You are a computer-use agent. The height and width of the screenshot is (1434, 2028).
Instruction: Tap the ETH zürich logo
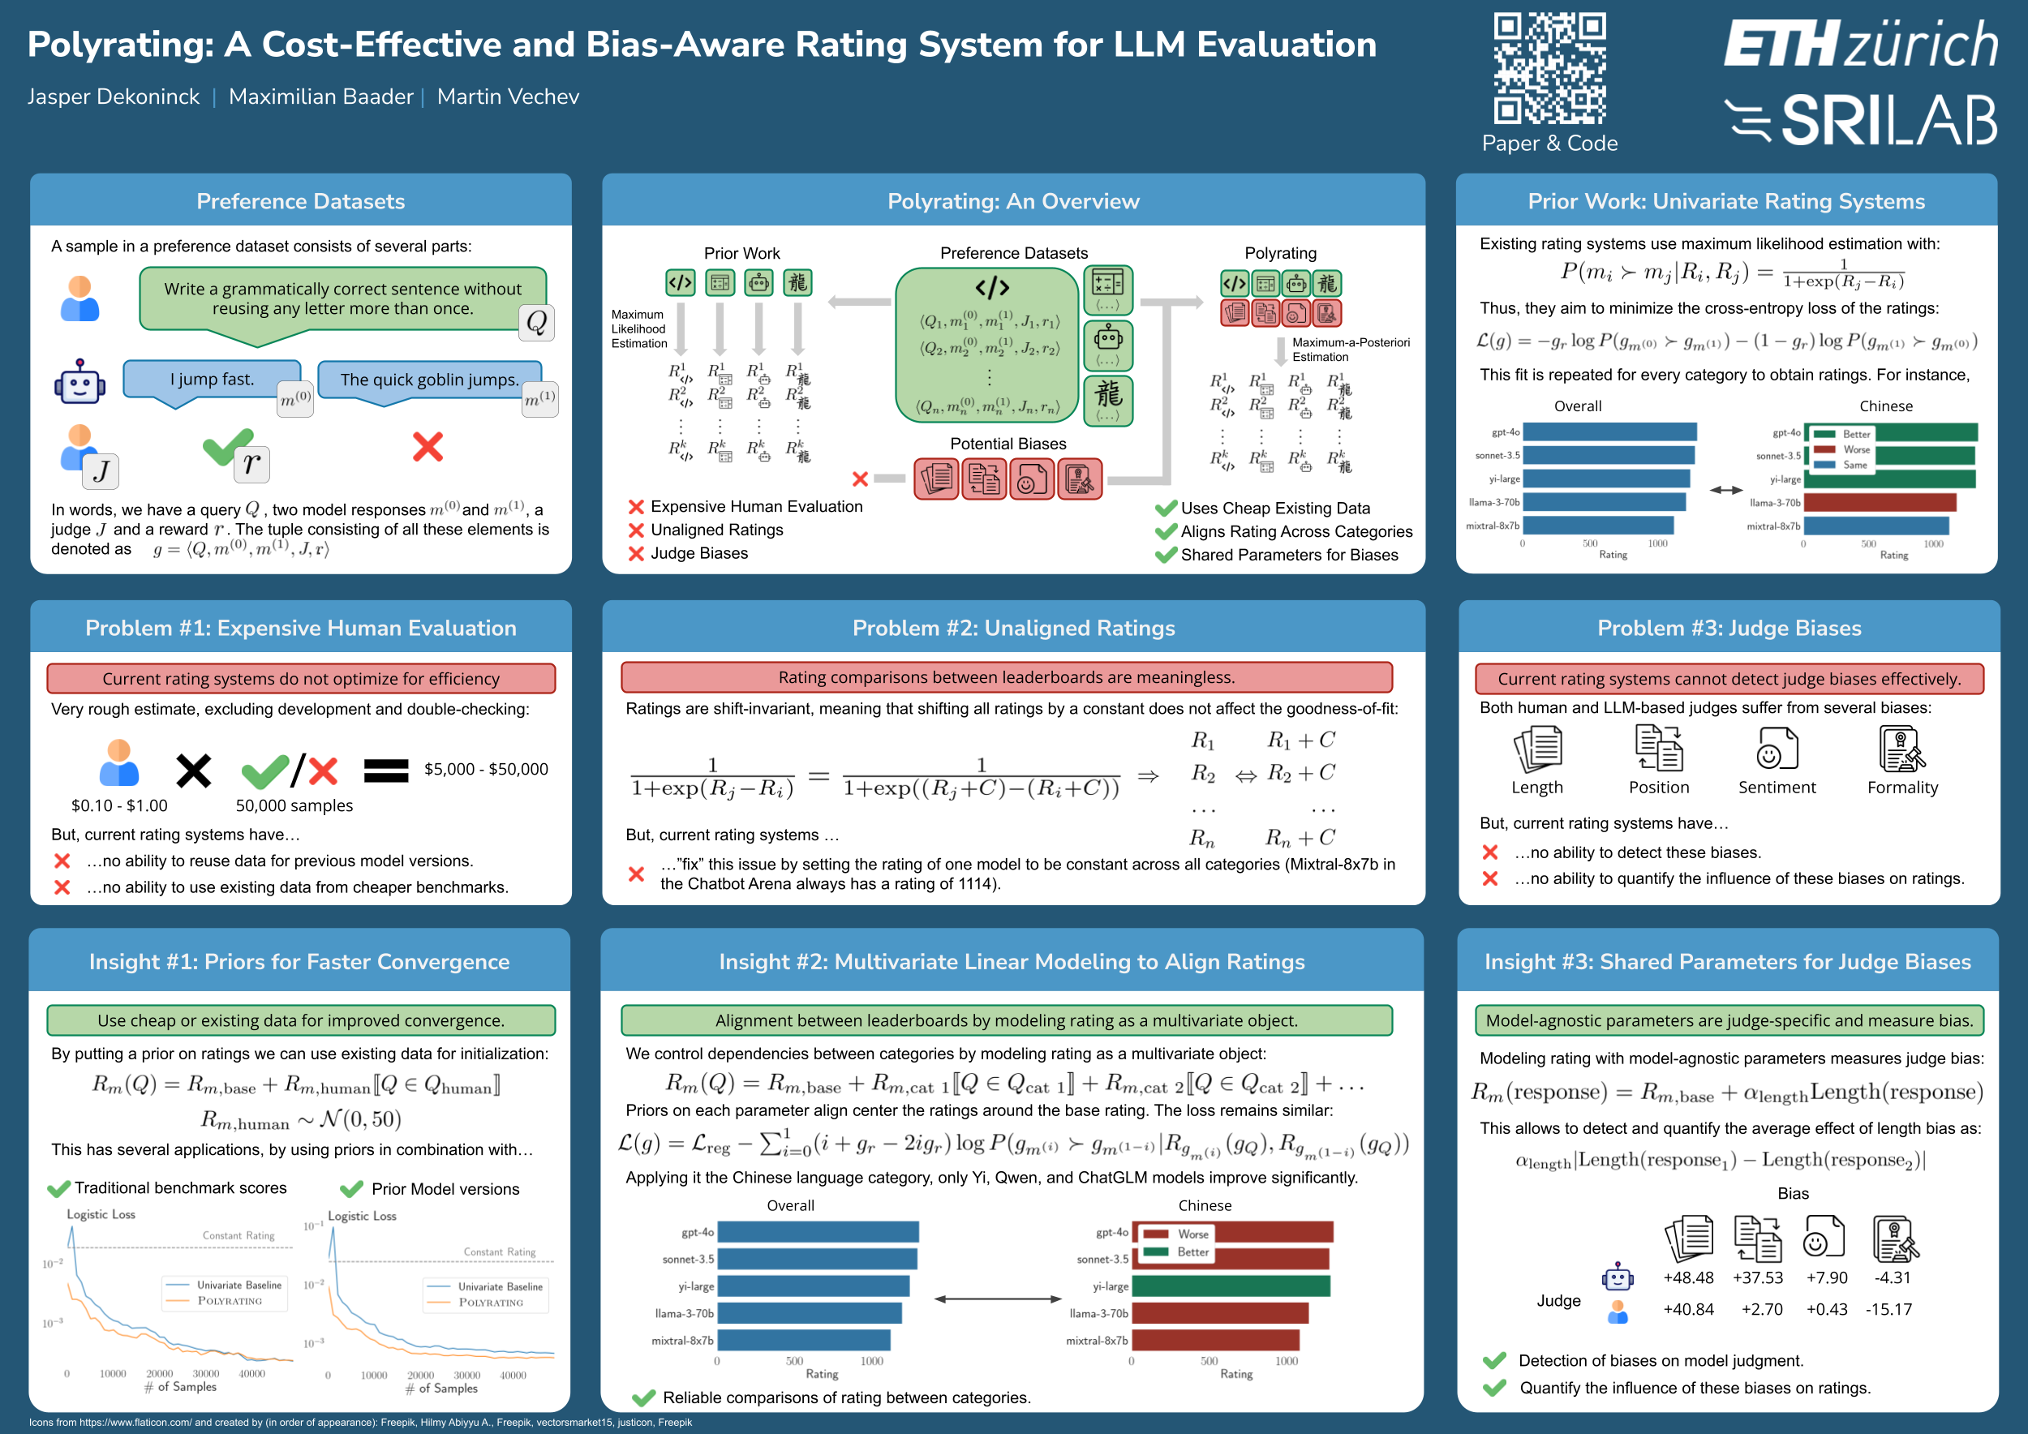pyautogui.click(x=1860, y=44)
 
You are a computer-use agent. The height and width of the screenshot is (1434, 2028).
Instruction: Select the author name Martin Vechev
pyautogui.click(x=508, y=97)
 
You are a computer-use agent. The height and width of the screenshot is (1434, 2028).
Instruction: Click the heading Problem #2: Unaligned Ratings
pyautogui.click(x=1013, y=628)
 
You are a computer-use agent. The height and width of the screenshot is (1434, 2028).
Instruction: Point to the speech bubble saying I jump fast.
pyautogui.click(x=212, y=380)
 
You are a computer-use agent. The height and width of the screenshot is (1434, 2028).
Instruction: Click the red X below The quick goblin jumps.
pyautogui.click(x=428, y=447)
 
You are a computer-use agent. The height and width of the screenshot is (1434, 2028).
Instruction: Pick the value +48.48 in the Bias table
pyautogui.click(x=1688, y=1277)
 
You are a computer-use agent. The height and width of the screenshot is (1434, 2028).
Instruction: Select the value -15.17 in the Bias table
pyautogui.click(x=1888, y=1309)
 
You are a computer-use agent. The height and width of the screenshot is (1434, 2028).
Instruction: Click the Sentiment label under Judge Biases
pyautogui.click(x=1777, y=787)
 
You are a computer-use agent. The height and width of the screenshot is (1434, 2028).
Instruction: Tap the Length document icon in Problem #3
pyautogui.click(x=1538, y=749)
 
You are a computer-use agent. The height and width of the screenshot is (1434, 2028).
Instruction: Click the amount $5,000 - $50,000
pyautogui.click(x=486, y=769)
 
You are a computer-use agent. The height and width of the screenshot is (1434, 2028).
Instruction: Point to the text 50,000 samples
pyautogui.click(x=294, y=805)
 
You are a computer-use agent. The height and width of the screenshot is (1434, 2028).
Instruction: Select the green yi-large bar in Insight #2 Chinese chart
pyautogui.click(x=1231, y=1286)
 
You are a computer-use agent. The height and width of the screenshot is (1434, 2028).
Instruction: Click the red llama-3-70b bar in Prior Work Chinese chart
pyautogui.click(x=1879, y=502)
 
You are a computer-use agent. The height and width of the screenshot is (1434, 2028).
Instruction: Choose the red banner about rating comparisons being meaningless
pyautogui.click(x=1006, y=677)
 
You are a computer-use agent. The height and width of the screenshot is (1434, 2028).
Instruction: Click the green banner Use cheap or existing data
pyautogui.click(x=300, y=1020)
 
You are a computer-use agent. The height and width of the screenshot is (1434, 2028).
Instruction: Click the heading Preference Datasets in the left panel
pyautogui.click(x=300, y=201)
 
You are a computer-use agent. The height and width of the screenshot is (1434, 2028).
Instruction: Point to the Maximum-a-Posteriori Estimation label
pyautogui.click(x=1351, y=350)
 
